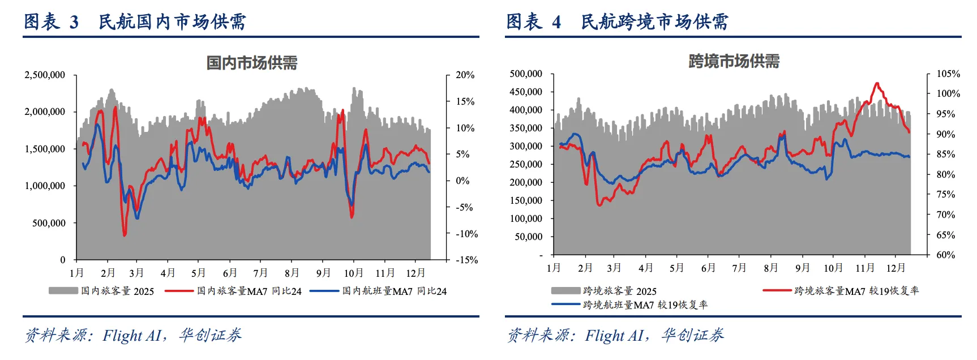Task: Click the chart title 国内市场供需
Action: point(252,63)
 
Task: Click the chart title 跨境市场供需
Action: point(734,61)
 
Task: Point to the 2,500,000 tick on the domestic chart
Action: point(45,75)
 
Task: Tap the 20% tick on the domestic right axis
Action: point(465,75)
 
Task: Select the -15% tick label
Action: point(466,260)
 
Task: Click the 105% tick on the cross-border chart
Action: point(948,74)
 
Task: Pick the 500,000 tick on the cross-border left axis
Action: point(526,74)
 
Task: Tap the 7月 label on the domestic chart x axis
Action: point(260,273)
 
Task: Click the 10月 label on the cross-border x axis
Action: point(833,268)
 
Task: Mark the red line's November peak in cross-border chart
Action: point(877,83)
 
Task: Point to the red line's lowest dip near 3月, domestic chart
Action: point(125,235)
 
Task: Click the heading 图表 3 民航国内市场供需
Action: point(135,22)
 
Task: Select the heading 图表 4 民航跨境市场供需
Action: point(617,22)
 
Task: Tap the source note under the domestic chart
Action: point(133,336)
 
